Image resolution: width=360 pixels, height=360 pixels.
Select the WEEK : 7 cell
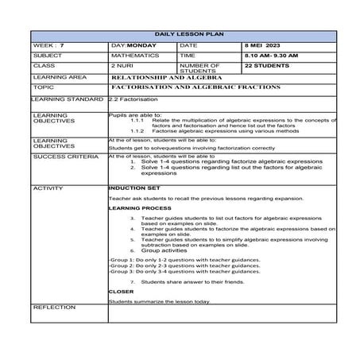pyautogui.click(x=48, y=47)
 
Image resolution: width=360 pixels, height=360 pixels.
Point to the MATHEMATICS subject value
pyautogui.click(x=135, y=56)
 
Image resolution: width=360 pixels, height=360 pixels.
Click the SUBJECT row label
pyautogui.click(x=48, y=56)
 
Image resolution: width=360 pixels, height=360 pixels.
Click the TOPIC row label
pyautogui.click(x=44, y=87)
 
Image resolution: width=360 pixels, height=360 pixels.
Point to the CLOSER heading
pyautogui.click(x=122, y=292)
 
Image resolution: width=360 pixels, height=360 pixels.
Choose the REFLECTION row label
pyautogui.click(x=53, y=306)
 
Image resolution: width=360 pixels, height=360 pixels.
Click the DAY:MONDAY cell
pyautogui.click(x=134, y=47)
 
